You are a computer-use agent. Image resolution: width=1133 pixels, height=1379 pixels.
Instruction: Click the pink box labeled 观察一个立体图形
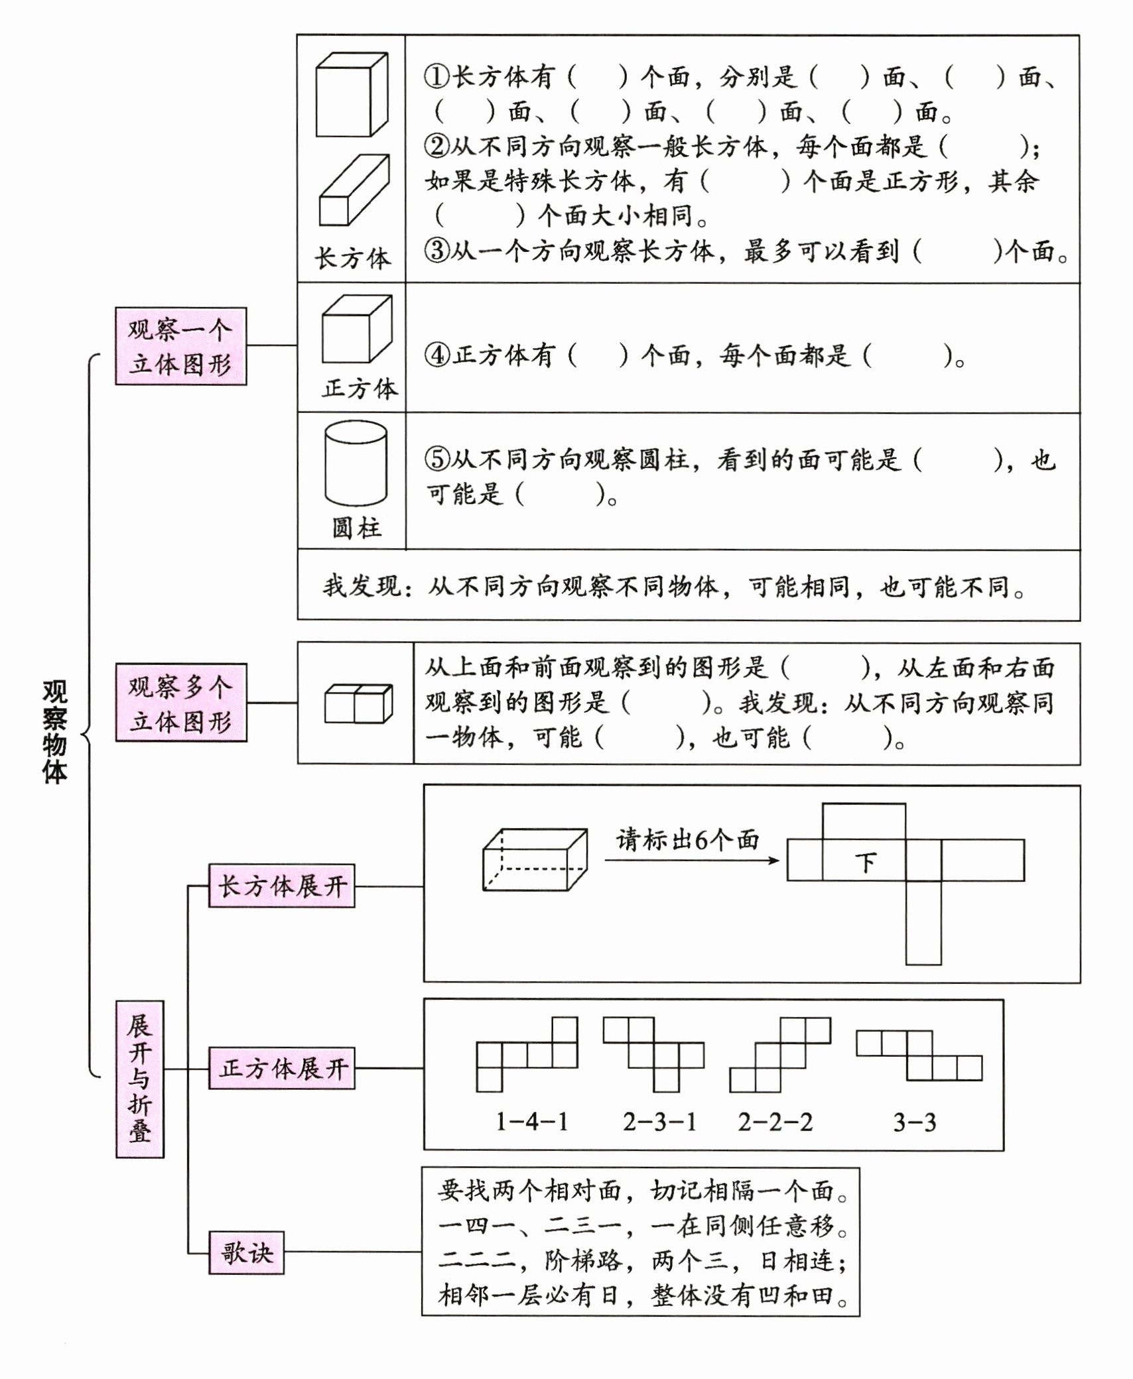point(180,346)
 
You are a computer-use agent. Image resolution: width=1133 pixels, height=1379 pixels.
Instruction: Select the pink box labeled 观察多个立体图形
point(180,703)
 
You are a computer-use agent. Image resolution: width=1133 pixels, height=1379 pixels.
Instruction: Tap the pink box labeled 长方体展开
point(282,886)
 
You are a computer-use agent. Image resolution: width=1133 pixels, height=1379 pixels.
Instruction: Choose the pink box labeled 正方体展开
point(282,1068)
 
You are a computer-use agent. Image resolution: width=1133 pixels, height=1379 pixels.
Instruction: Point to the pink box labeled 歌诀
point(246,1252)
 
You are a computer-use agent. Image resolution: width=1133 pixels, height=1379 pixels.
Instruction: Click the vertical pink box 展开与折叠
point(139,1079)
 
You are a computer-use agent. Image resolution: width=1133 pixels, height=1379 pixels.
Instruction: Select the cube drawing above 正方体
point(356,329)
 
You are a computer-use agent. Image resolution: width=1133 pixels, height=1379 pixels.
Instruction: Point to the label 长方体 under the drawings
point(352,259)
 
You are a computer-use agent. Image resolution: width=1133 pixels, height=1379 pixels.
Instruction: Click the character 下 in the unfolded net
point(865,863)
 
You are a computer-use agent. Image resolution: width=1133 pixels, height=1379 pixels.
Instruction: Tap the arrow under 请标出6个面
point(691,861)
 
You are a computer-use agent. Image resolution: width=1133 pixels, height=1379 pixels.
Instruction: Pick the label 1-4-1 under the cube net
point(532,1122)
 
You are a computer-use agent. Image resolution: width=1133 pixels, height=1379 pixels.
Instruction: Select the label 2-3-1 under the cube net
point(659,1122)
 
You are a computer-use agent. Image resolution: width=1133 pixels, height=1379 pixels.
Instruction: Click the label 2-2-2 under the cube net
point(775,1122)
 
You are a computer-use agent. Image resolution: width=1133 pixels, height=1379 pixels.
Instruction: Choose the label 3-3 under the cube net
point(914,1122)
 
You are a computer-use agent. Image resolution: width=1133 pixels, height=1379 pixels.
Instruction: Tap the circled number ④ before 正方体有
point(437,355)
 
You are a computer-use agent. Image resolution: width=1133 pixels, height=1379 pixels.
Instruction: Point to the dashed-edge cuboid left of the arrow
point(535,859)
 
